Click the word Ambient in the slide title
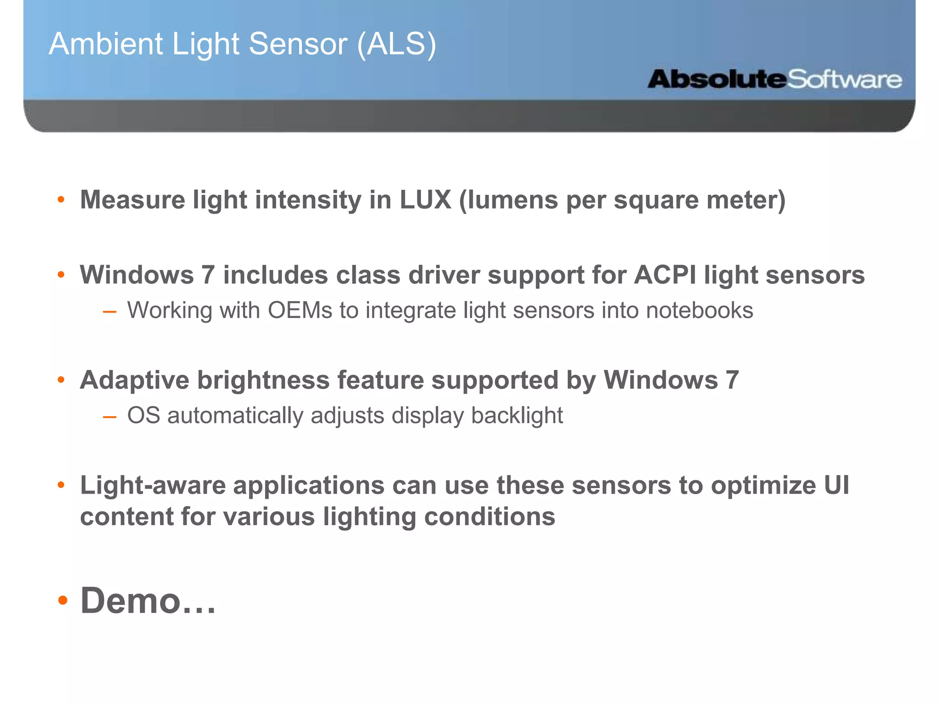(105, 44)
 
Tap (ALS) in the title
(396, 44)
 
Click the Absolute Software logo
(774, 79)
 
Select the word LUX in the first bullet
(425, 200)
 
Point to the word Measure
(132, 200)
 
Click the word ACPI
(665, 275)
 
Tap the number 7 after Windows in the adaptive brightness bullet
(732, 380)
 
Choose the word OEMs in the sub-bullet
(300, 310)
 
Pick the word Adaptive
(134, 380)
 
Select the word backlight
(517, 416)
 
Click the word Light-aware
(153, 485)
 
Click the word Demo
(130, 600)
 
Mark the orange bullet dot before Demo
(62, 600)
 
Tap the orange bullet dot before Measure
(61, 200)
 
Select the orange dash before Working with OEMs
(110, 312)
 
